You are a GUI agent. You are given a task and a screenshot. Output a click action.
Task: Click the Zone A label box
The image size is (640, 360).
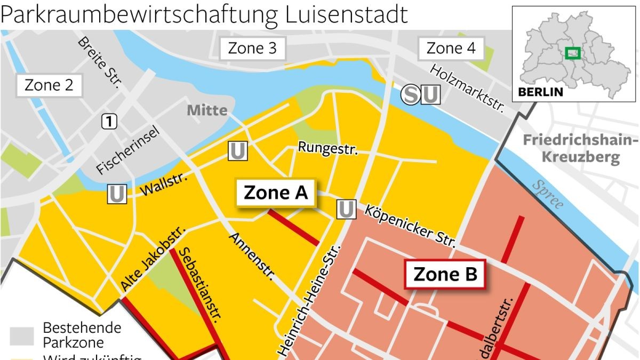(x=276, y=193)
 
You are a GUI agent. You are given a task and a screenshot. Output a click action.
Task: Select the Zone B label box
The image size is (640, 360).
(x=445, y=275)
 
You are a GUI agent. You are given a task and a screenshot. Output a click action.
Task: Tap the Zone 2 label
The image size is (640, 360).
(x=49, y=85)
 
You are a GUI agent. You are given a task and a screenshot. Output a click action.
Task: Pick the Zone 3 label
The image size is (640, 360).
(x=252, y=49)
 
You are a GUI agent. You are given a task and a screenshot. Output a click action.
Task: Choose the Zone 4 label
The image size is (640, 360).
(x=451, y=49)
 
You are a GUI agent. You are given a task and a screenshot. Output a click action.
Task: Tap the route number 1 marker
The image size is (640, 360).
(x=109, y=122)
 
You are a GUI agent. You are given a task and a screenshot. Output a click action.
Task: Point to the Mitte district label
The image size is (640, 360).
(x=207, y=111)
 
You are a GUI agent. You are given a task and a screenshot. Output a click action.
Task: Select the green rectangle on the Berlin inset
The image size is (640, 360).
(x=573, y=53)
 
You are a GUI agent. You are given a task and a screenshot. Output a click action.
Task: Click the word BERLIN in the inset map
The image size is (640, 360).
(x=540, y=92)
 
